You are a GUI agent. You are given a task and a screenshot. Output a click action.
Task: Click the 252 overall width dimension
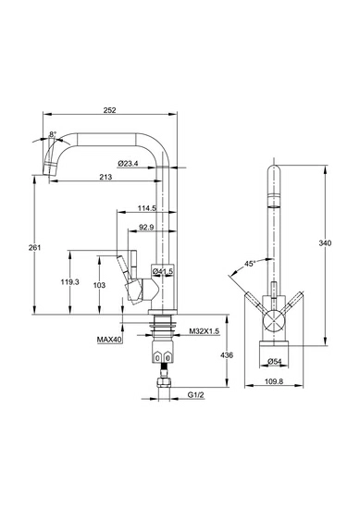(x=110, y=110)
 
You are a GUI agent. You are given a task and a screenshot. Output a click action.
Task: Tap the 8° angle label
(x=53, y=134)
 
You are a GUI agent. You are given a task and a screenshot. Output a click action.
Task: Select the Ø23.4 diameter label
(x=128, y=164)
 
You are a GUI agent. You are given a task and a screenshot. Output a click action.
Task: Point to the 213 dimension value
(x=106, y=177)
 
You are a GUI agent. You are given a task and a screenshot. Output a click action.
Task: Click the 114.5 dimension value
(x=147, y=208)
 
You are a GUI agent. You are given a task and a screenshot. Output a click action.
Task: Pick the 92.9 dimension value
(x=146, y=228)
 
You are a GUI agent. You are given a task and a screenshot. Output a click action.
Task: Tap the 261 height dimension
(x=35, y=247)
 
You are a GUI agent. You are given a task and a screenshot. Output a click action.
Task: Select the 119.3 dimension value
(x=69, y=281)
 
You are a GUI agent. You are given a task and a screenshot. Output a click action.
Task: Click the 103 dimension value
(x=99, y=285)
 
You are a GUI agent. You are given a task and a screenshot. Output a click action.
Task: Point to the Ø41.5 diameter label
(x=163, y=270)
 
